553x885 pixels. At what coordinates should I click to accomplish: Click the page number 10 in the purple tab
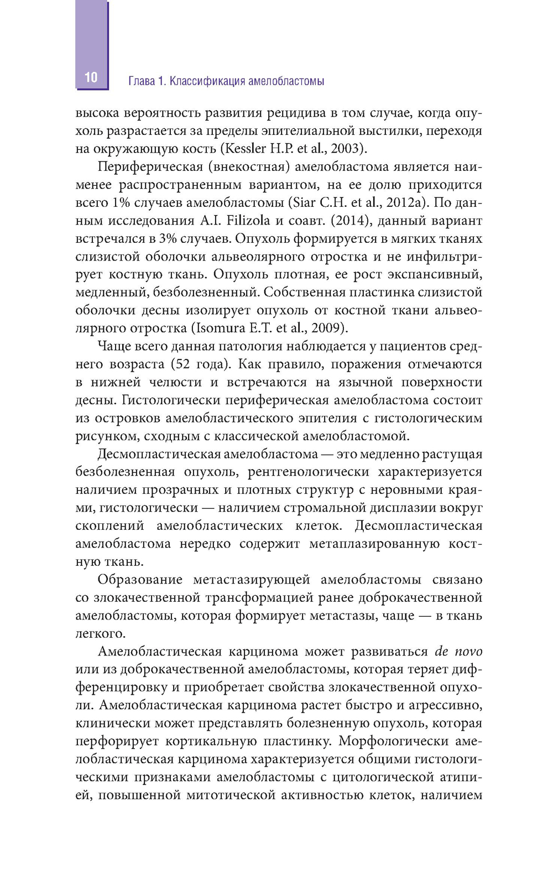tap(91, 77)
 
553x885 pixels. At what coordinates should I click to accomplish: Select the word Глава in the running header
tap(142, 81)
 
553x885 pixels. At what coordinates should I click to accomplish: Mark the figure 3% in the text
tap(167, 238)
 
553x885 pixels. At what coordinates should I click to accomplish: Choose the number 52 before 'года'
tap(185, 364)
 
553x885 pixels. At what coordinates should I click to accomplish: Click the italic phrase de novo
tap(458, 651)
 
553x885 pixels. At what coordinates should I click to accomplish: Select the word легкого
tap(99, 633)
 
